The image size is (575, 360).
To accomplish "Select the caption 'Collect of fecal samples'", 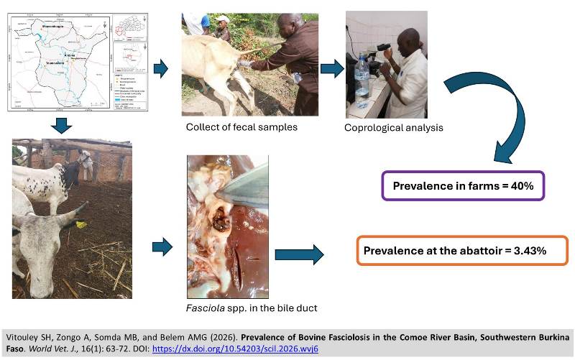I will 231,127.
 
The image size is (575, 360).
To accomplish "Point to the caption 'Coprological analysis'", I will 393,128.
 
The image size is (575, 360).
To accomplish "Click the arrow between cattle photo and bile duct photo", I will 162,248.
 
